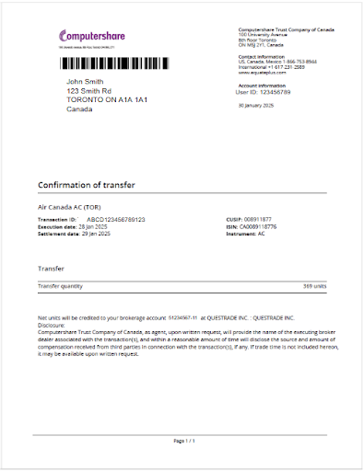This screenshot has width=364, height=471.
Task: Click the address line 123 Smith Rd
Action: [x=89, y=92]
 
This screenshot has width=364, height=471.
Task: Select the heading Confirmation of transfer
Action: [x=87, y=185]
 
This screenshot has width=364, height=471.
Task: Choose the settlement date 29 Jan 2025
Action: [x=93, y=235]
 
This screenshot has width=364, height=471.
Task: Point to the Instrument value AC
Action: [x=262, y=235]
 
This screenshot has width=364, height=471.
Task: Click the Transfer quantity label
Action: [x=60, y=286]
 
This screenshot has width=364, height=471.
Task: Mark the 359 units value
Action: [x=314, y=286]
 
